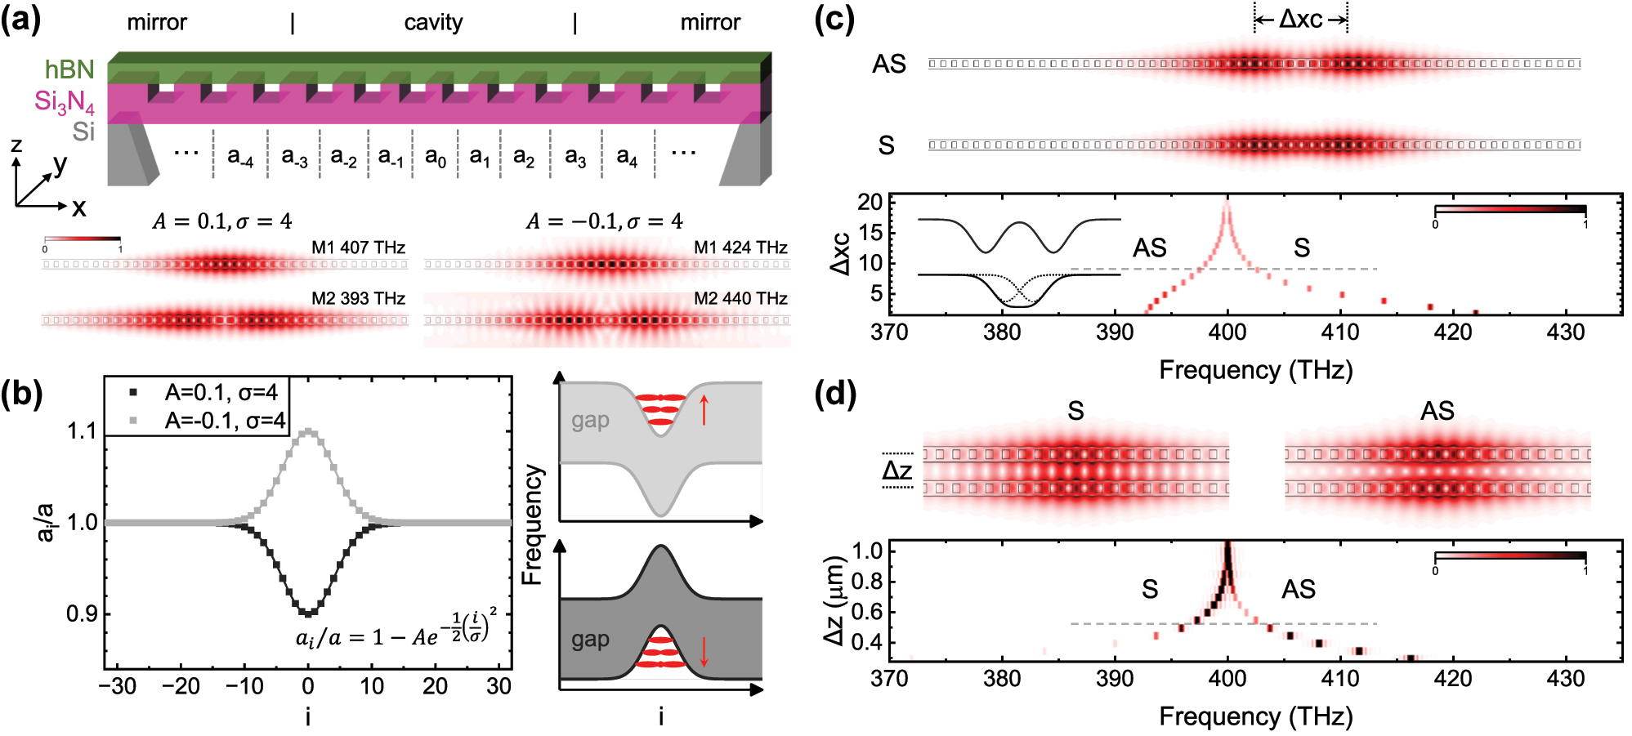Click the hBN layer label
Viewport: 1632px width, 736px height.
(69, 69)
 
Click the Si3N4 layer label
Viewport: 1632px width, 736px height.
(64, 102)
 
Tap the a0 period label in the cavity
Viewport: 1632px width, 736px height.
(436, 156)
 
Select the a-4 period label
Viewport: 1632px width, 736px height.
(240, 156)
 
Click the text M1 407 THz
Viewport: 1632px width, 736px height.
(358, 248)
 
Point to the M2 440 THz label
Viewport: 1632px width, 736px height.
(740, 299)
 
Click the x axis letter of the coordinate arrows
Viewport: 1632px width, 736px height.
(78, 208)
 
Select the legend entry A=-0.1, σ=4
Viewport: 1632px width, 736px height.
(225, 421)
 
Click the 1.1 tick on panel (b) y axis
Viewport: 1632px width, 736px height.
(82, 431)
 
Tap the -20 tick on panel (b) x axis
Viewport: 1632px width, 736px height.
(181, 686)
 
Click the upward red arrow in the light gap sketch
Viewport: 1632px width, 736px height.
(704, 409)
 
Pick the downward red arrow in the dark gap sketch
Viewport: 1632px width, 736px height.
(704, 651)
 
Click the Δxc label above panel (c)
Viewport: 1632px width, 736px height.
(1300, 19)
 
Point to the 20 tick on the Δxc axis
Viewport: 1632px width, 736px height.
(870, 203)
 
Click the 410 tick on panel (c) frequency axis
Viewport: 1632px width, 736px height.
(1340, 332)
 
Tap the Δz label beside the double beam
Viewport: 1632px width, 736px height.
(897, 471)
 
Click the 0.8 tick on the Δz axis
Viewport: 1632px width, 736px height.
(867, 582)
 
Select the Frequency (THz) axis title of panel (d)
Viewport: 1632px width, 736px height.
(1255, 716)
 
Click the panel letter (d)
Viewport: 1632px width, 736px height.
(835, 395)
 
